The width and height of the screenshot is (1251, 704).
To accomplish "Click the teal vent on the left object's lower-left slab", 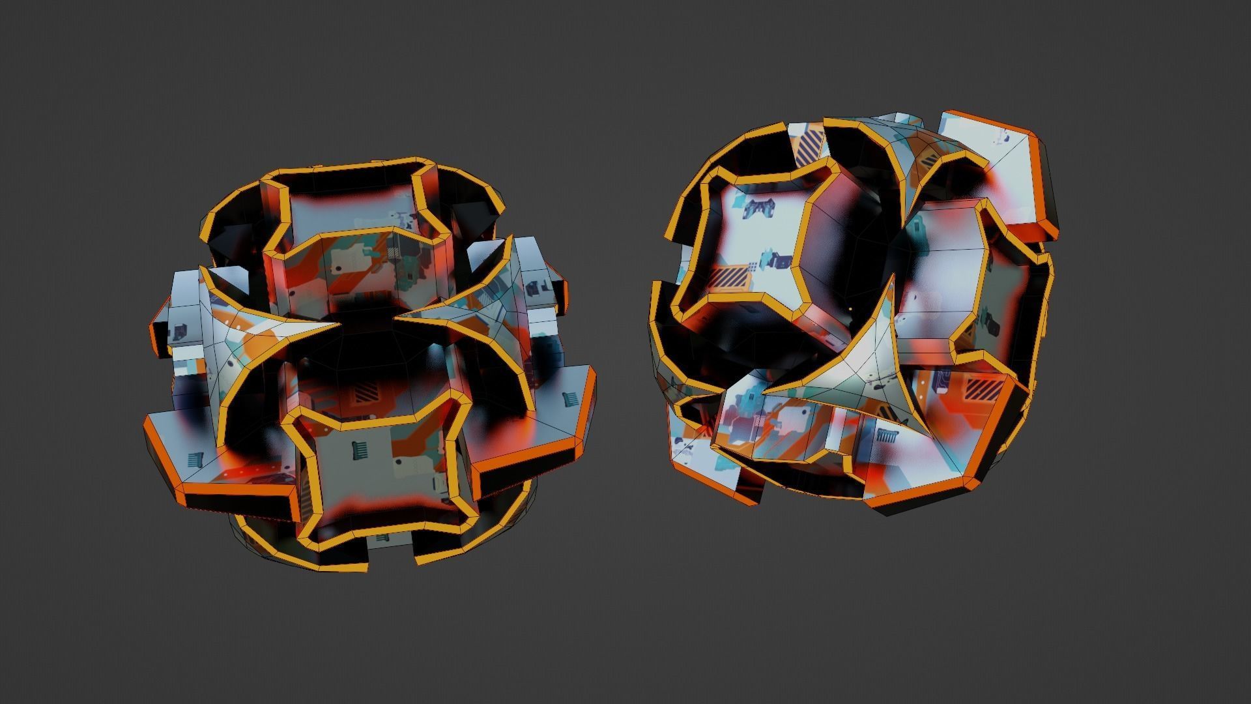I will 195,460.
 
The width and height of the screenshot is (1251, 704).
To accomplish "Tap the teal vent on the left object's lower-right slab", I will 569,397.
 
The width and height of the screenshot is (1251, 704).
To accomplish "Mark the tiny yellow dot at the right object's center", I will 850,309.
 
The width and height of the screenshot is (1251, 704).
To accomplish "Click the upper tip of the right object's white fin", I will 891,276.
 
